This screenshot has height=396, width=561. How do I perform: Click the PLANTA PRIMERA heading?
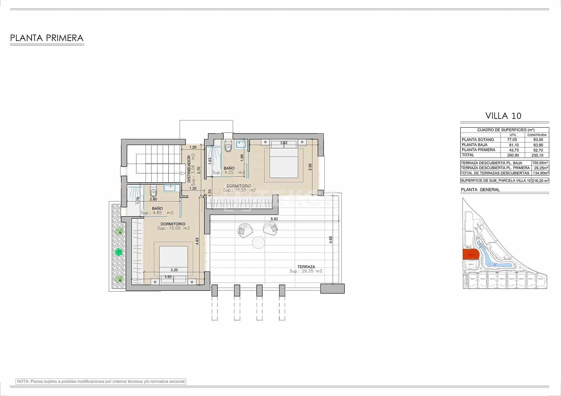(x=47, y=38)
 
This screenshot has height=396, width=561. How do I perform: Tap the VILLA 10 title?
(x=503, y=116)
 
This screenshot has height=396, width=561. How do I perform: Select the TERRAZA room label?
(x=306, y=266)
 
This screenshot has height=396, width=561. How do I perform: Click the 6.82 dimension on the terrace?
(x=274, y=219)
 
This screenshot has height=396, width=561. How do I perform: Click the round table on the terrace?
(x=258, y=242)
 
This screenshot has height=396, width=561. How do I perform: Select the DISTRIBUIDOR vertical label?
(x=189, y=169)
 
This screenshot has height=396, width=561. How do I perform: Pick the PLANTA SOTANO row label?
(x=478, y=139)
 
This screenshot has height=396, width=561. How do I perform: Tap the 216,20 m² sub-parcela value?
(x=540, y=181)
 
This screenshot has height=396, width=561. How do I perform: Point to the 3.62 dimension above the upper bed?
(x=284, y=143)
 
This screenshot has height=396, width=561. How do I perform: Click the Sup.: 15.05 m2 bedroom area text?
(x=174, y=228)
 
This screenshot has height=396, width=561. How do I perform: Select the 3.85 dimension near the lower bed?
(x=168, y=277)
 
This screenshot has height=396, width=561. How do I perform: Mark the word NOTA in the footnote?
(x=23, y=381)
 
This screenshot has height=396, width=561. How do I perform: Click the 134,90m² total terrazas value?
(x=540, y=173)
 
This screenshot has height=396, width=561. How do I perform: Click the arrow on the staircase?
(x=183, y=173)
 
